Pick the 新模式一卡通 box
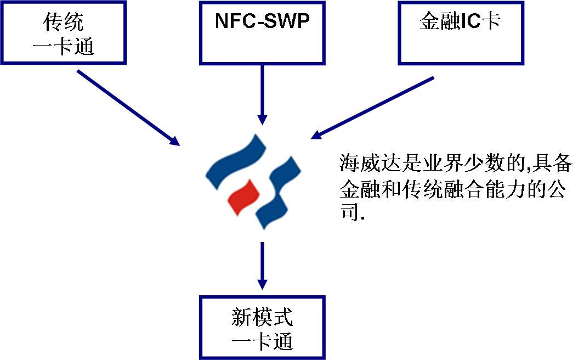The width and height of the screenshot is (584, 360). pyautogui.click(x=262, y=328)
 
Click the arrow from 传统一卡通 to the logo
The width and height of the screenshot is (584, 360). pyautogui.click(x=128, y=108)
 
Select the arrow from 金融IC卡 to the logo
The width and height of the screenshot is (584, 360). pyautogui.click(x=373, y=108)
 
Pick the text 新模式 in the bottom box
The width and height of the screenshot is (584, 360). pyautogui.click(x=262, y=317)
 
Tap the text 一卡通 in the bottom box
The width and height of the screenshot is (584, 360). pyautogui.click(x=262, y=341)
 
